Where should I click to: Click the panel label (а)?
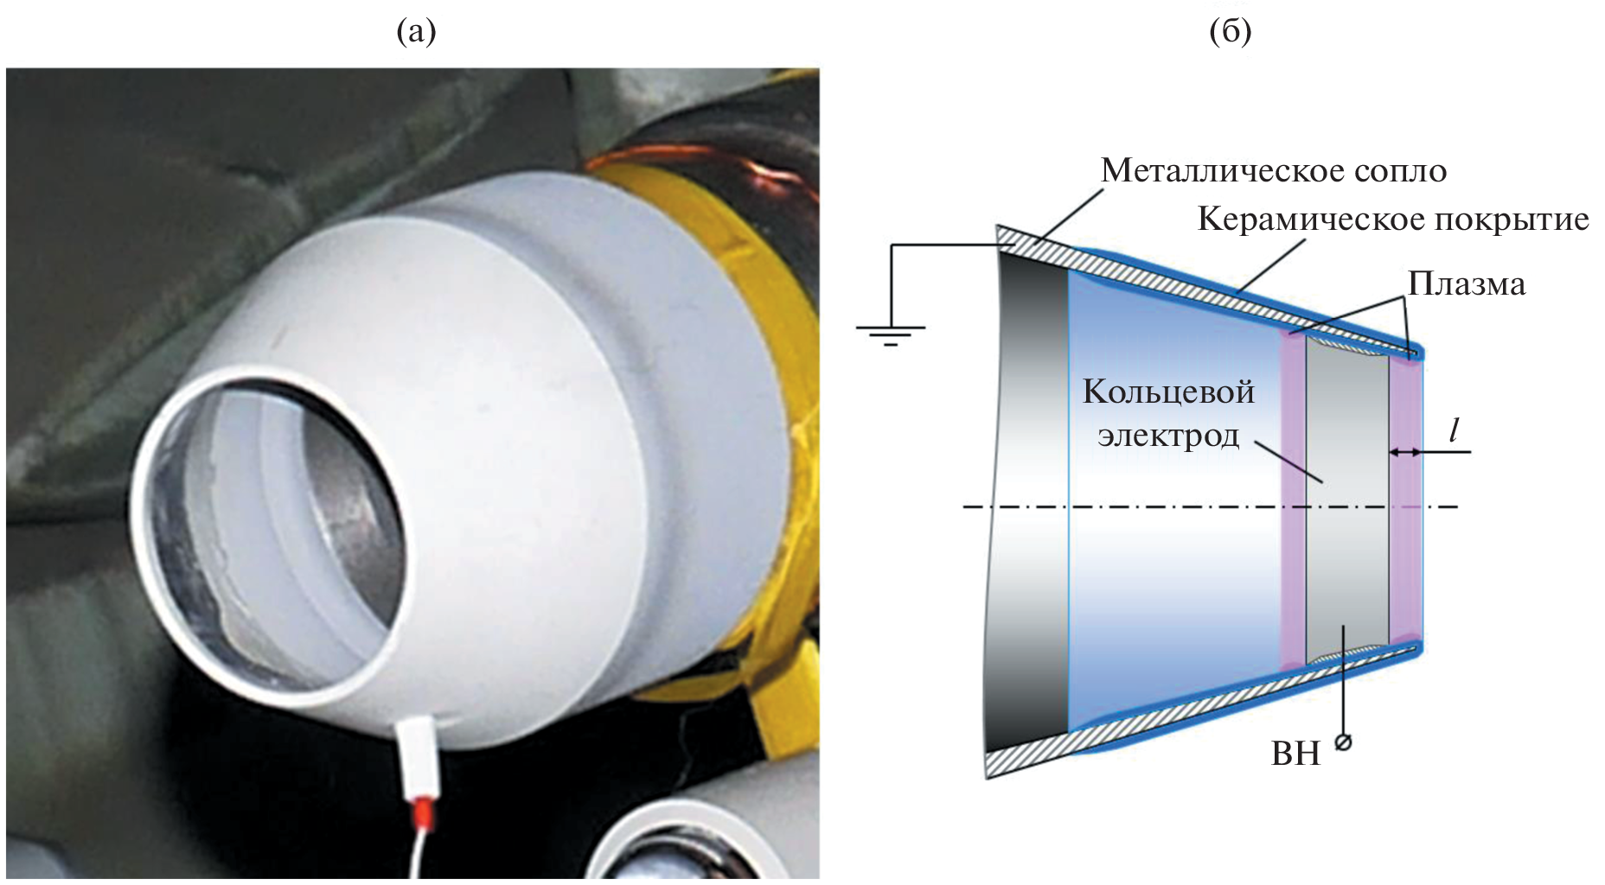[416, 32]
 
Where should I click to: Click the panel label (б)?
[1230, 32]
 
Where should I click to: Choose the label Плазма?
[1467, 283]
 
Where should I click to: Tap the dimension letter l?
[1455, 430]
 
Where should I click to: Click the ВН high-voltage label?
[1295, 754]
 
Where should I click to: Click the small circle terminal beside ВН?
[1343, 742]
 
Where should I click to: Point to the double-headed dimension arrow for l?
[1404, 451]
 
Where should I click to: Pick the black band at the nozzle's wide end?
[1033, 501]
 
